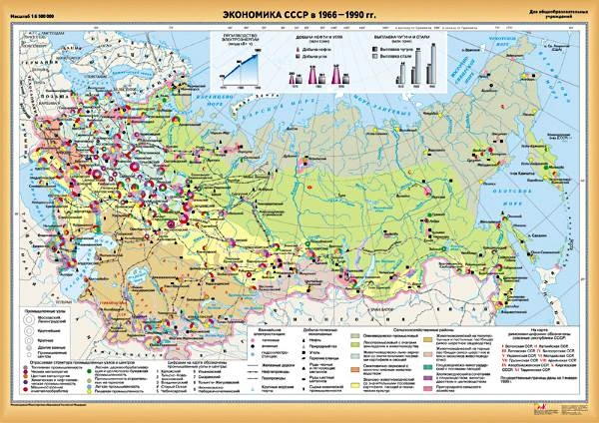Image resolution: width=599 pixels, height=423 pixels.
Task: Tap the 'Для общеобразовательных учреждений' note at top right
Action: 566,13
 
